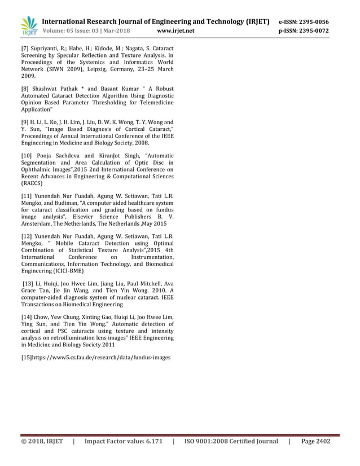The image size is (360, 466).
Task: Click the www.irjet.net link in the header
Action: point(176,31)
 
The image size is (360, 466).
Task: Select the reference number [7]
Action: point(26,51)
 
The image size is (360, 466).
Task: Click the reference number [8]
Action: point(26,89)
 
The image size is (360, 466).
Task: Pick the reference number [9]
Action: point(26,122)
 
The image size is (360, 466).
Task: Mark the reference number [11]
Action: point(27,196)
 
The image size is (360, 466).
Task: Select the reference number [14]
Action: point(27,316)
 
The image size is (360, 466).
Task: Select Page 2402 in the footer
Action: point(315,441)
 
